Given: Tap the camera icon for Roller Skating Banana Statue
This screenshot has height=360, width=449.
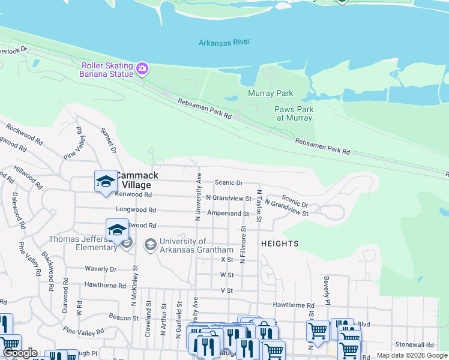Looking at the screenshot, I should (142, 68).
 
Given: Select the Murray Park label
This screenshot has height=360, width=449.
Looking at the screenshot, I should (270, 94).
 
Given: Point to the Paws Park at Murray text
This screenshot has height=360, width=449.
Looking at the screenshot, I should (294, 114).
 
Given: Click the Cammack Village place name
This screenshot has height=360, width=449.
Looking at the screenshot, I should (137, 180).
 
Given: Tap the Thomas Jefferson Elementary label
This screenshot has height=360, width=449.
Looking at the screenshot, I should (83, 243).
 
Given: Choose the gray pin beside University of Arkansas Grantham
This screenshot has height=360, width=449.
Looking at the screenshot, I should (149, 245).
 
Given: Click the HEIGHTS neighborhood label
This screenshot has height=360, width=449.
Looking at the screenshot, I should (280, 244).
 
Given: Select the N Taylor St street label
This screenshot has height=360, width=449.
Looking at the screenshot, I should (259, 207).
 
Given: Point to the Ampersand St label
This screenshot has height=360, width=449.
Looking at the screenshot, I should (228, 214).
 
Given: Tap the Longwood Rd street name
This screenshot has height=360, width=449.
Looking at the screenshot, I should (136, 211).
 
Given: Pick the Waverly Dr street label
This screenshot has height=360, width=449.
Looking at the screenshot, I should (100, 269).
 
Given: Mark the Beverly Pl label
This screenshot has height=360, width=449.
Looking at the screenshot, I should (328, 288).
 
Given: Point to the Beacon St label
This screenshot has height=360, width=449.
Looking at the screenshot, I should (124, 316).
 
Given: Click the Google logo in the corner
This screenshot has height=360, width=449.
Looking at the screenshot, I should (20, 353).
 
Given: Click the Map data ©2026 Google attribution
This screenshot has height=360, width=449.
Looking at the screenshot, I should (412, 355).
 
